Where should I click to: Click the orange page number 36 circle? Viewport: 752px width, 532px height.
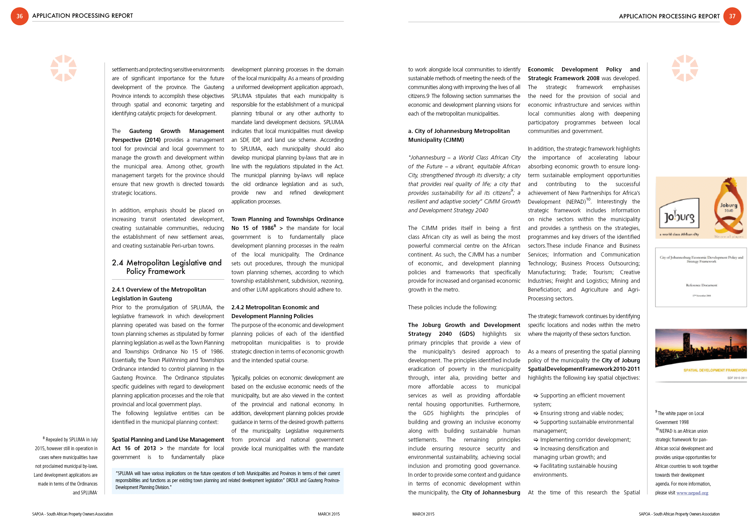20,16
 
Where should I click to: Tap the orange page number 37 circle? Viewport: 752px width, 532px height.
732,16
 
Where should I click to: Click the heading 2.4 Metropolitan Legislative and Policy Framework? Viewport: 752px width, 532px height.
167,267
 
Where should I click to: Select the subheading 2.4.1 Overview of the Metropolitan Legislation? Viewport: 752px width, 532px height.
159,294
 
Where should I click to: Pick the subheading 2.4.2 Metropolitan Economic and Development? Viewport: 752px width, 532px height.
275,311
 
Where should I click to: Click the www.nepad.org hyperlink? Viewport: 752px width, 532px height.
692,493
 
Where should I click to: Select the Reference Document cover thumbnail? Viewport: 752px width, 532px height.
701,277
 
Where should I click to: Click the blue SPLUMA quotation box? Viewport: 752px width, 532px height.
228,480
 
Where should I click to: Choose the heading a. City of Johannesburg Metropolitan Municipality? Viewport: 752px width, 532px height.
459,135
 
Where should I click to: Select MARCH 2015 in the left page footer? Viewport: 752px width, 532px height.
328,514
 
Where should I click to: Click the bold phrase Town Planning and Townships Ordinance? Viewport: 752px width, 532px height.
287,219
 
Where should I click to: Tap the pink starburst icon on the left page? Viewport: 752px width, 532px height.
63,68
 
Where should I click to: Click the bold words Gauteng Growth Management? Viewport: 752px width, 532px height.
176,131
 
